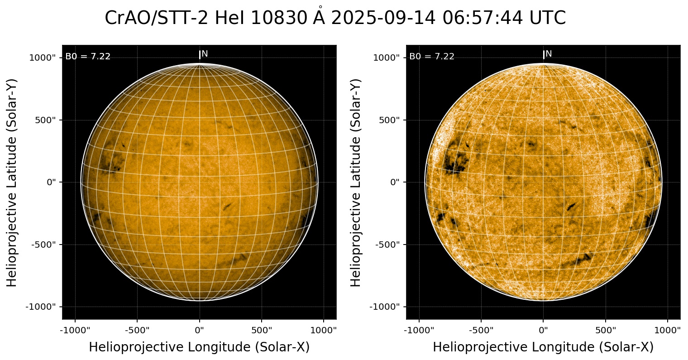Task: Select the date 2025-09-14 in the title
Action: tap(383, 18)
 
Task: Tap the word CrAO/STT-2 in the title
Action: tap(157, 18)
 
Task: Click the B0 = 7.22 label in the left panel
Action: tap(88, 57)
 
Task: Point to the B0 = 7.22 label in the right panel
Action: tap(432, 57)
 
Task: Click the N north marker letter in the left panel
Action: tap(205, 54)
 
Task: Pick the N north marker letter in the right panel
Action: tap(549, 54)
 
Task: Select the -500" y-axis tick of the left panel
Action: tap(46, 245)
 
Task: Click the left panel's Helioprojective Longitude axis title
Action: tap(199, 347)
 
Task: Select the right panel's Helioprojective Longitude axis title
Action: tap(543, 347)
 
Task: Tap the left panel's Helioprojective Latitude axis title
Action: tap(12, 182)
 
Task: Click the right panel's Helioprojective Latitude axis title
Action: tap(356, 182)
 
